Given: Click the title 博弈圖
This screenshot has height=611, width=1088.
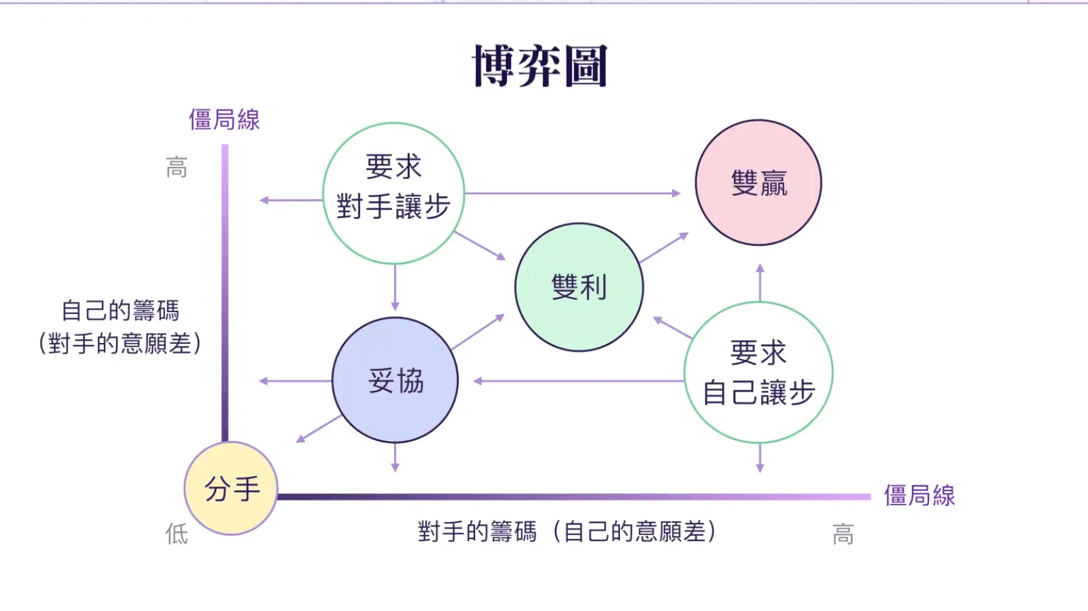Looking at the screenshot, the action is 540,66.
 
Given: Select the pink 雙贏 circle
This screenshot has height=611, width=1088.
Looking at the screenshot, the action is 758,182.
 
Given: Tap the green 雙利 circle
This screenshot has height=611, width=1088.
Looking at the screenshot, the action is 579,287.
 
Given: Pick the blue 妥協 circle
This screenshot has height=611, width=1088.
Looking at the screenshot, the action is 395,380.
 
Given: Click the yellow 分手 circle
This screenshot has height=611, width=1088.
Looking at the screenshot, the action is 230,488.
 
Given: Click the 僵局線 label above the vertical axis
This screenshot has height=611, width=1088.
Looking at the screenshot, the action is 225,119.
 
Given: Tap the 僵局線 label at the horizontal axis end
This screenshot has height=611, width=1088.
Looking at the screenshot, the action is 919,496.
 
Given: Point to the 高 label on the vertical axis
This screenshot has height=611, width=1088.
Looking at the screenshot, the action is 177,167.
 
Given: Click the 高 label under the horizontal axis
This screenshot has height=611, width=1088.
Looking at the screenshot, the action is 843,534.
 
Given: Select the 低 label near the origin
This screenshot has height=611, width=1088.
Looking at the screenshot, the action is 177,534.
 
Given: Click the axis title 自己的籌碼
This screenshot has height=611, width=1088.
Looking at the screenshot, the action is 120,311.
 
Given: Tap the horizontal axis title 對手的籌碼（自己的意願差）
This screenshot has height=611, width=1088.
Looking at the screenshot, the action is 567,531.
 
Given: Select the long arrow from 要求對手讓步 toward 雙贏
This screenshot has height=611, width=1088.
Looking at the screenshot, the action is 573,193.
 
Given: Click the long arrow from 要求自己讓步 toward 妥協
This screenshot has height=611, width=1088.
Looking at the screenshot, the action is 578,381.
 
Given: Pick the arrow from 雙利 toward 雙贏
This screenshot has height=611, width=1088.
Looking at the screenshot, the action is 664,248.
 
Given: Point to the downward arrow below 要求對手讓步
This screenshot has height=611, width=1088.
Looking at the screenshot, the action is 395,288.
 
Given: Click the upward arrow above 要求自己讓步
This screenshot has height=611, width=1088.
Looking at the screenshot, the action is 760,282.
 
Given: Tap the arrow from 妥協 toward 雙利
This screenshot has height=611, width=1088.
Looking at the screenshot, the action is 478,332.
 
